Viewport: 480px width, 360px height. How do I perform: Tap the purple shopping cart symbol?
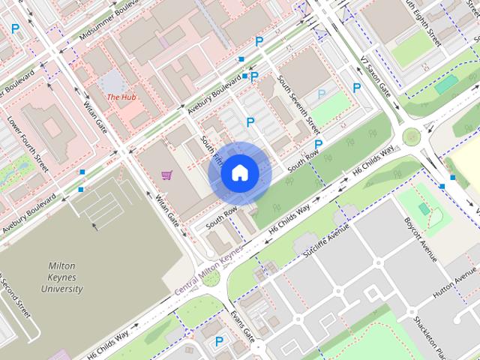[x=167, y=175]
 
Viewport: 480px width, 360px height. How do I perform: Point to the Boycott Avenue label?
[x=420, y=239]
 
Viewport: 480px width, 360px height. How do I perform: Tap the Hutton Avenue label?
[x=450, y=288]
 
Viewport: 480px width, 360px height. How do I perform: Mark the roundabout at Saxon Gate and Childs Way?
[x=411, y=136]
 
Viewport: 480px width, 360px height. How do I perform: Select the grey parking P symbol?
[x=322, y=94]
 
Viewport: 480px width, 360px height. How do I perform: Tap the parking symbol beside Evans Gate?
[x=219, y=341]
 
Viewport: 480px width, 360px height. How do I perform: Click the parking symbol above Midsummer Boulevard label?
[x=15, y=29]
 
